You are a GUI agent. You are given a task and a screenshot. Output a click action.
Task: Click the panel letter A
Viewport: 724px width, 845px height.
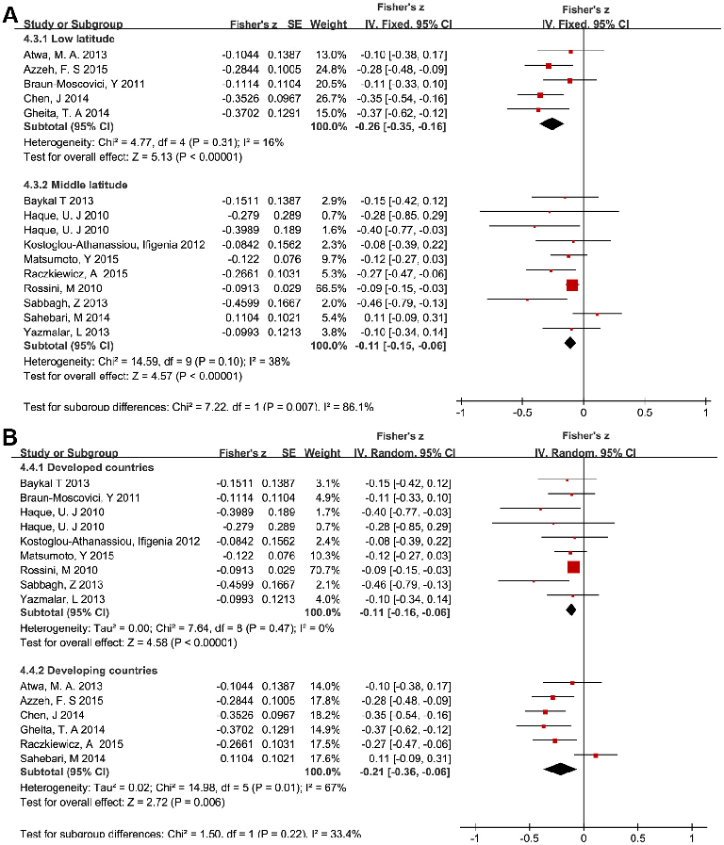pos(10,14)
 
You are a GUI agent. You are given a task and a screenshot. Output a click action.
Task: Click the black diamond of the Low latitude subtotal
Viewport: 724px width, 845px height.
pos(551,123)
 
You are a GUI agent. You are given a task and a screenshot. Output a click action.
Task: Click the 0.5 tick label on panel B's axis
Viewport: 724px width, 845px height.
pos(638,837)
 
